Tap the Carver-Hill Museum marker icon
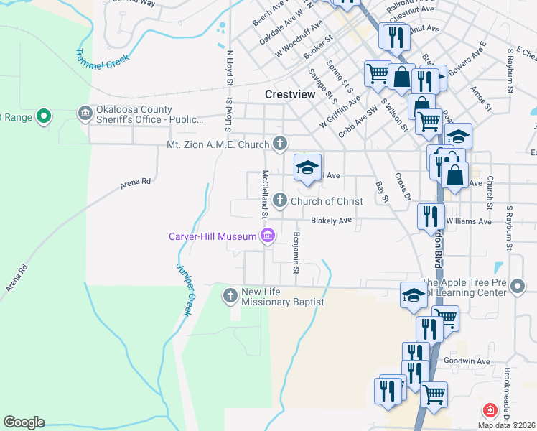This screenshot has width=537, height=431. [x=268, y=236]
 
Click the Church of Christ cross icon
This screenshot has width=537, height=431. [x=280, y=200]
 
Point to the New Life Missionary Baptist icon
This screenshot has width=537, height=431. [x=230, y=295]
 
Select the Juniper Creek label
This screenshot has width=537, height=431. [x=185, y=284]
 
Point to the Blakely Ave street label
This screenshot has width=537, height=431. [x=332, y=221]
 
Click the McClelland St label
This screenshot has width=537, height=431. [x=265, y=194]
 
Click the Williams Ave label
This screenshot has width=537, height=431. [x=468, y=221]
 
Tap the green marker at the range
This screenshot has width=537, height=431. [x=43, y=115]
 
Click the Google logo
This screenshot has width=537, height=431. [x=24, y=422]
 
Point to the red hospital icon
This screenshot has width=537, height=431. [x=490, y=410]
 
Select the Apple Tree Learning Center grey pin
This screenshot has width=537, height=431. [x=518, y=287]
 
